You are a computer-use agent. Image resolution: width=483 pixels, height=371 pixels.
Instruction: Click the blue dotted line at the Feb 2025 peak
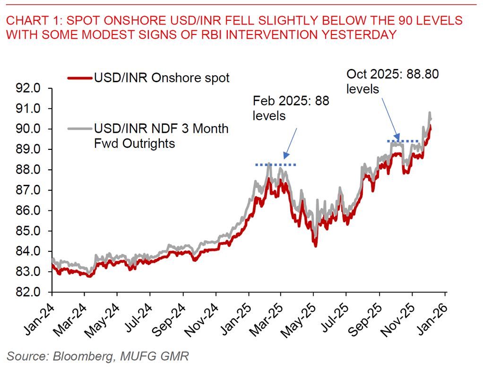point(276,164)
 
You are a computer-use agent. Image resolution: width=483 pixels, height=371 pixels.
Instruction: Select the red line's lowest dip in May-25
point(315,245)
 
